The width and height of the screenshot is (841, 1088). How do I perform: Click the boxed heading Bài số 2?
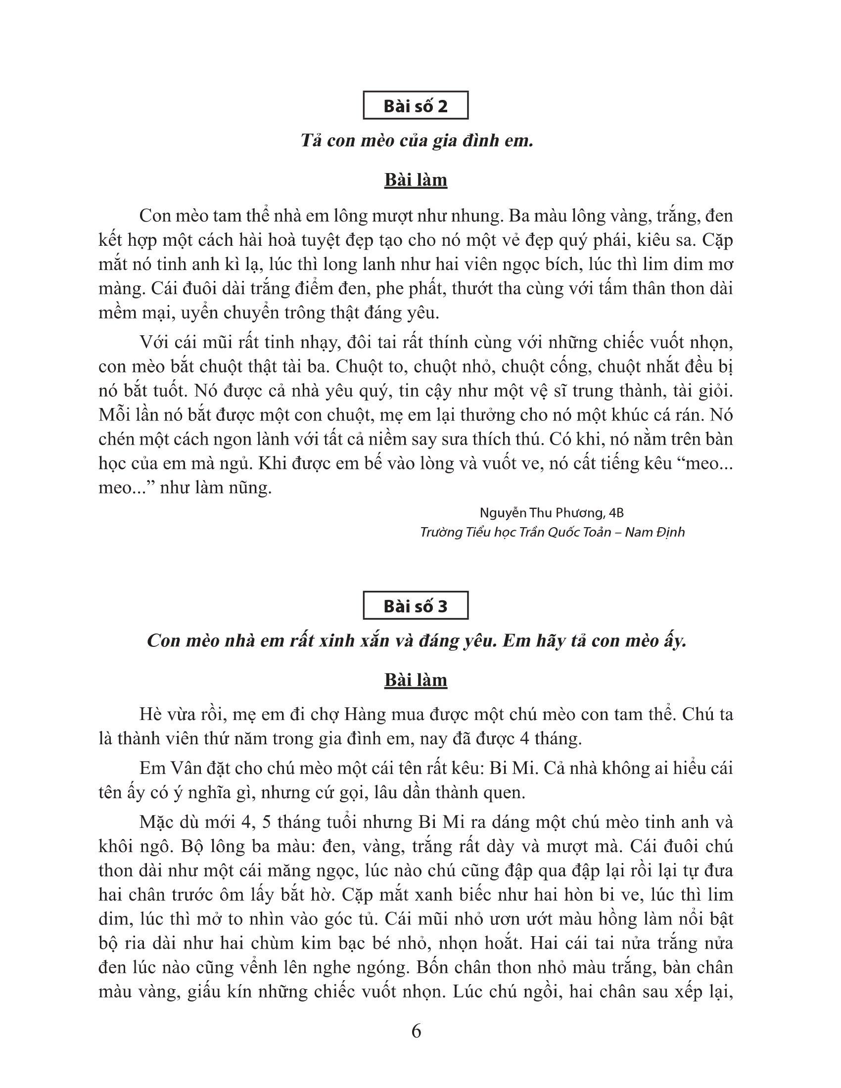coord(416,106)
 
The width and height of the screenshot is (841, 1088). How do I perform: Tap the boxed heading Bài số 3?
coord(416,606)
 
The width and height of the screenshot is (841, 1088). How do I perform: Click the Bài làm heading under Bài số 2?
coord(416,181)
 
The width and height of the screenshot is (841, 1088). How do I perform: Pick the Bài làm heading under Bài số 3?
coord(416,680)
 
